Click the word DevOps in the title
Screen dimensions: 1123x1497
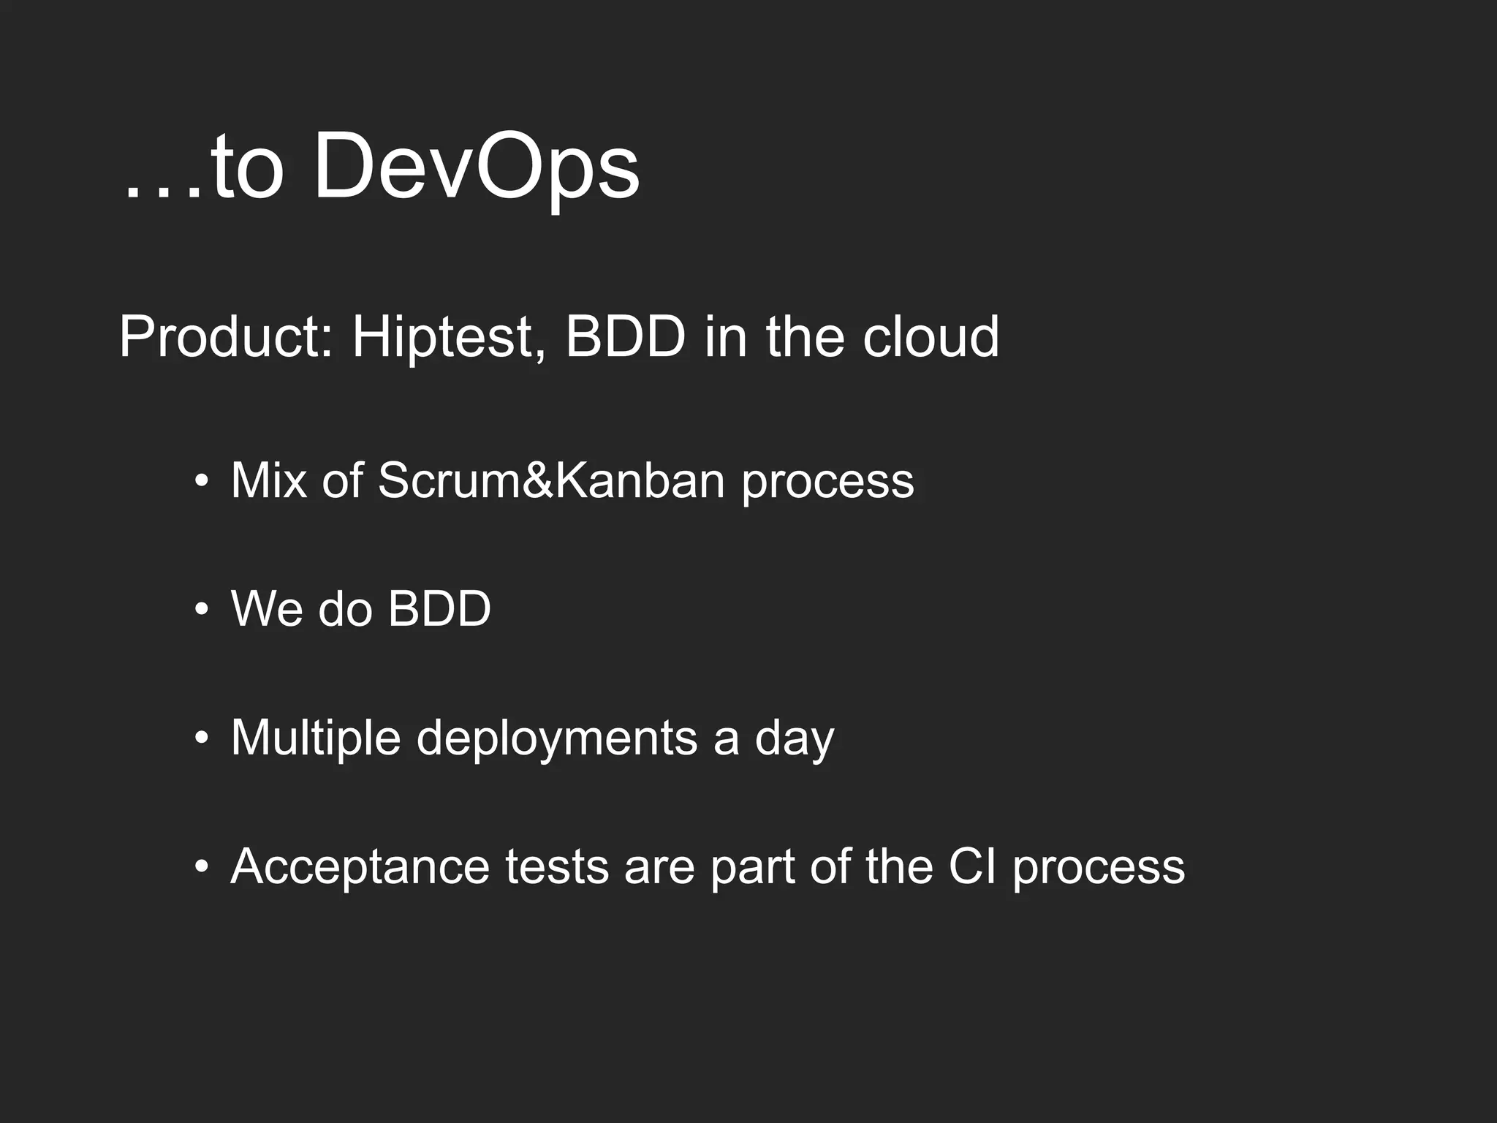476,169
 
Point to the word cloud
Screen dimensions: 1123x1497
931,337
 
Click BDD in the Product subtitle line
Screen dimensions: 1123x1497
626,337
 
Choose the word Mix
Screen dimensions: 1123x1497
268,480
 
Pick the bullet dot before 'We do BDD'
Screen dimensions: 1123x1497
202,610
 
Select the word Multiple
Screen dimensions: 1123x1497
315,738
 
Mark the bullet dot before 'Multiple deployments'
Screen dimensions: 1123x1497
202,738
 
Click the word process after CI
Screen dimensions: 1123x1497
1099,868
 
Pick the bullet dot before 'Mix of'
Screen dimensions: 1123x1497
202,482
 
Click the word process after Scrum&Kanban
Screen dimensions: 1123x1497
828,482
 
